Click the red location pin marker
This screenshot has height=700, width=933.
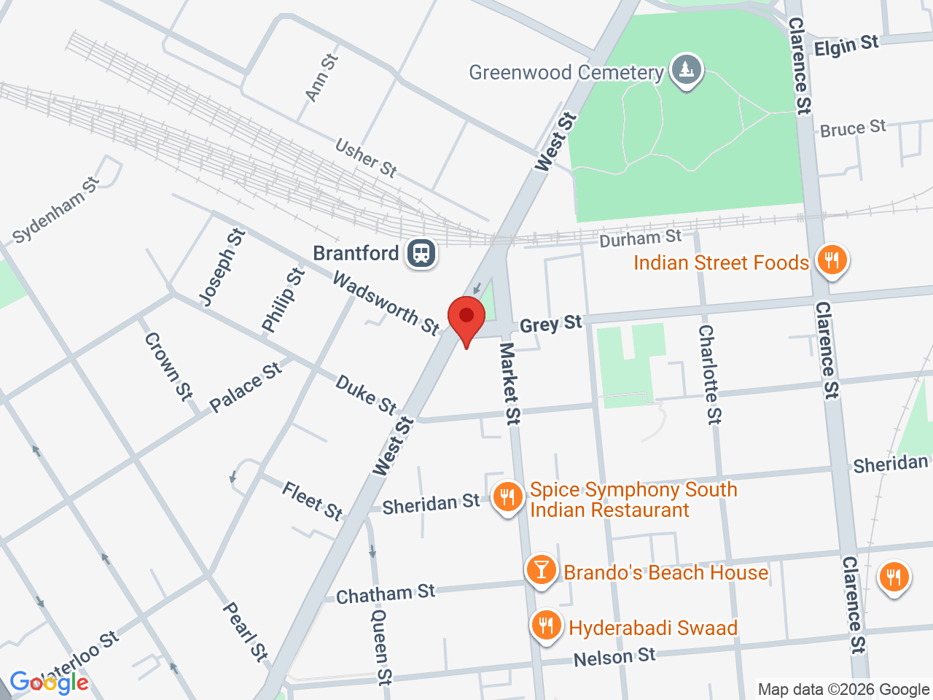pyautogui.click(x=466, y=318)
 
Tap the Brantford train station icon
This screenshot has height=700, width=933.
pyautogui.click(x=422, y=254)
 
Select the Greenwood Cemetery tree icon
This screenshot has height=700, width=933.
pyautogui.click(x=685, y=71)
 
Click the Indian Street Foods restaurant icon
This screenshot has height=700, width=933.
pyautogui.click(x=831, y=260)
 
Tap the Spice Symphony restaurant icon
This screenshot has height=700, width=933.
pyautogui.click(x=507, y=498)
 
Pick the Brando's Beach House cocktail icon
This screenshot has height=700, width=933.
pyautogui.click(x=541, y=569)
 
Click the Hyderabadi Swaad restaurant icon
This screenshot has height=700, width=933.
pyautogui.click(x=545, y=626)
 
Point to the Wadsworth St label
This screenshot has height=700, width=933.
pyautogui.click(x=386, y=303)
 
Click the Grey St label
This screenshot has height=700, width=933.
pyautogui.click(x=550, y=324)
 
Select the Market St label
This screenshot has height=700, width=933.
pyautogui.click(x=510, y=384)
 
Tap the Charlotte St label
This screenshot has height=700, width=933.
pyautogui.click(x=709, y=374)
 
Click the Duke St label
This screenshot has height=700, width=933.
pyautogui.click(x=366, y=394)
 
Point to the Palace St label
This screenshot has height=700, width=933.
pyautogui.click(x=245, y=387)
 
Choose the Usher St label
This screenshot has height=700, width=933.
pyautogui.click(x=366, y=158)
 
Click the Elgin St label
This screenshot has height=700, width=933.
pyautogui.click(x=846, y=47)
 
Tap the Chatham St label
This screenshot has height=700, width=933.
pyautogui.click(x=385, y=594)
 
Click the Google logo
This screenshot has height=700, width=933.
pyautogui.click(x=49, y=683)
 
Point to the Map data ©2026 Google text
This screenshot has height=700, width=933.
pyautogui.click(x=843, y=689)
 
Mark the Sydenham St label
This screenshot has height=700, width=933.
pyautogui.click(x=56, y=210)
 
